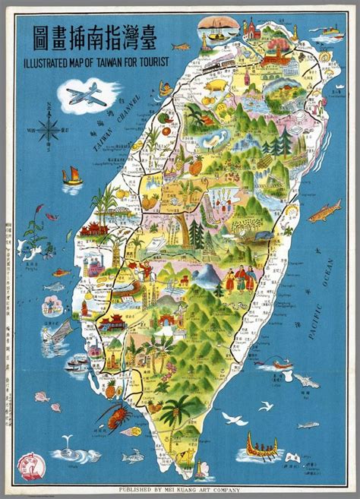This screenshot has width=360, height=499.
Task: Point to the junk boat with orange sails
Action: tap(73, 175)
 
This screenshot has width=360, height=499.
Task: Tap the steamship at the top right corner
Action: tap(328, 31)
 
